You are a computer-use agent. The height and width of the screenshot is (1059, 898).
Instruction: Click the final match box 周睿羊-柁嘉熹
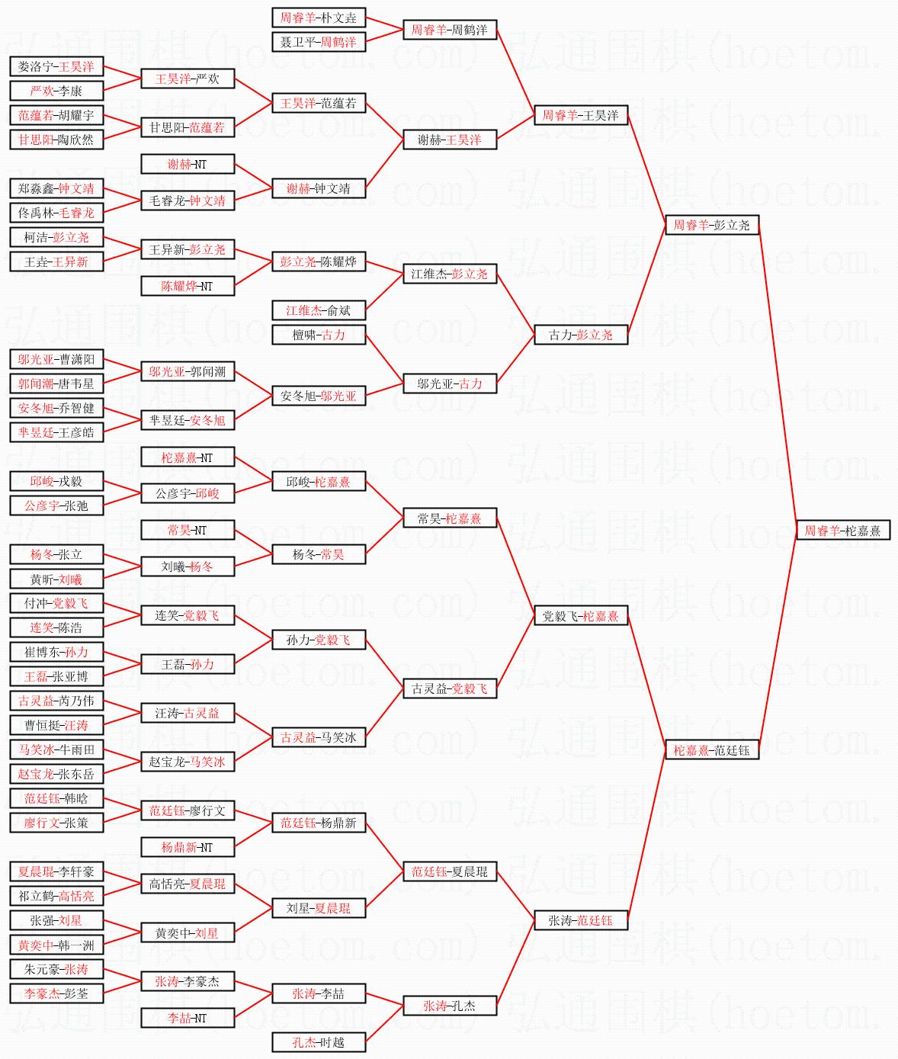pyautogui.click(x=842, y=531)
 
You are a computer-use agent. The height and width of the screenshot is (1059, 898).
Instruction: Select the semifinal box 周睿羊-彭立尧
pyautogui.click(x=711, y=225)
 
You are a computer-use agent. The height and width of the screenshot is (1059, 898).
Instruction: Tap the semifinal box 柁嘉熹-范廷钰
pyautogui.click(x=711, y=750)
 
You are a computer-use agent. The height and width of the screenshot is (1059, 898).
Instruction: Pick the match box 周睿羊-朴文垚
pyautogui.click(x=318, y=18)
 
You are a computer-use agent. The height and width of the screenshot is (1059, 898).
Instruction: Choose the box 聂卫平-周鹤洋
pyautogui.click(x=318, y=42)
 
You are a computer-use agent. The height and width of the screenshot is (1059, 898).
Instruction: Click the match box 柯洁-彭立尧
pyautogui.click(x=56, y=237)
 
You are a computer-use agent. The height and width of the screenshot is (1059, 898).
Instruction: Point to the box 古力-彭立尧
pyautogui.click(x=580, y=335)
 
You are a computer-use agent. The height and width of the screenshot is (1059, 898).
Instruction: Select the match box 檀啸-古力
pyautogui.click(x=318, y=335)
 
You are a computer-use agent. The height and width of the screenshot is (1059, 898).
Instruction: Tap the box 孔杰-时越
pyautogui.click(x=318, y=1042)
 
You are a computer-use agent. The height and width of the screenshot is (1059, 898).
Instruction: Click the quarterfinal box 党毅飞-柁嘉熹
pyautogui.click(x=580, y=616)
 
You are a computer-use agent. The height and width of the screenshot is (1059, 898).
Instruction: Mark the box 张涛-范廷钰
pyautogui.click(x=580, y=920)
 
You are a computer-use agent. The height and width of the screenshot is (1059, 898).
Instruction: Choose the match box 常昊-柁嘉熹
pyautogui.click(x=449, y=518)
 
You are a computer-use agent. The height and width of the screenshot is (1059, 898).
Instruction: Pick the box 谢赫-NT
pyautogui.click(x=187, y=164)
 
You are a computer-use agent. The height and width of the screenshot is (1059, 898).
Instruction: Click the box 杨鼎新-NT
pyautogui.click(x=187, y=847)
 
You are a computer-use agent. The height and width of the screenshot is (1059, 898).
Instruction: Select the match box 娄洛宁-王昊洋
pyautogui.click(x=56, y=66)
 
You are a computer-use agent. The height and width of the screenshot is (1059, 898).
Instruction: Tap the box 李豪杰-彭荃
pyautogui.click(x=56, y=993)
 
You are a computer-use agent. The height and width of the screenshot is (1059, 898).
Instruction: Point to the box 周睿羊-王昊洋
pyautogui.click(x=580, y=115)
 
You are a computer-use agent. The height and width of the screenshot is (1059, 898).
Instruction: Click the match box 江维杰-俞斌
pyautogui.click(x=318, y=310)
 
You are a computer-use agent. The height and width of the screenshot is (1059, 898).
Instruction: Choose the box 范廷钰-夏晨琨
pyautogui.click(x=449, y=871)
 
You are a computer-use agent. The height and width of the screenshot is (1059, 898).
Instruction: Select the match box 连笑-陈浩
pyautogui.click(x=56, y=627)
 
